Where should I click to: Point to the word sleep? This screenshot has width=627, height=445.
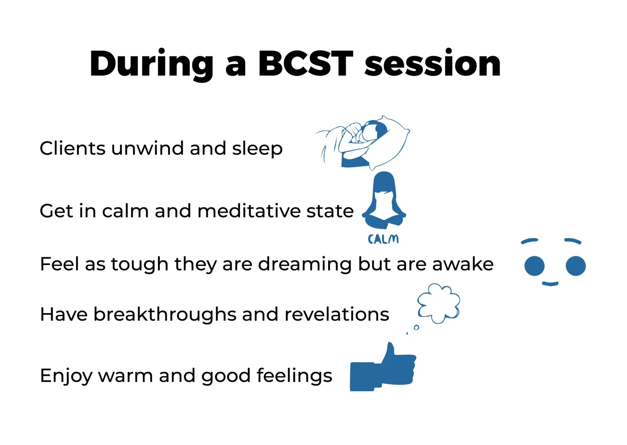tap(257, 150)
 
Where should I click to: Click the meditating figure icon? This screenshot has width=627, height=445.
tap(384, 200)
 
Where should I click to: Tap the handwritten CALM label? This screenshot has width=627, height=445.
tap(383, 239)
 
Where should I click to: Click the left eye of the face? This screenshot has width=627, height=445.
tap(534, 266)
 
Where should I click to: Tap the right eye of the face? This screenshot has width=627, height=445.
tap(575, 266)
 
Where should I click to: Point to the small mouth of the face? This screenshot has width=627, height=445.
tap(550, 284)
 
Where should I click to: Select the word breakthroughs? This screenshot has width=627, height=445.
tap(165, 314)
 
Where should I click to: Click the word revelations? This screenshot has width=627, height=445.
tap(337, 314)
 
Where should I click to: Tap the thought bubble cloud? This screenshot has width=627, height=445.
tap(439, 303)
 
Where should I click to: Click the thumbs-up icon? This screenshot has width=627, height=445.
tap(383, 367)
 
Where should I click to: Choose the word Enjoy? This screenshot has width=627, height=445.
tap(66, 376)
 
